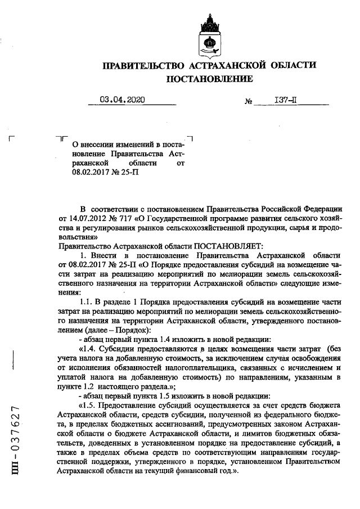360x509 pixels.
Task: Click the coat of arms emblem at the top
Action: coord(210,37)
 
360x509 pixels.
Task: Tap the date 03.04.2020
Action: coord(122,100)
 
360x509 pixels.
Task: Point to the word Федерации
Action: coord(320,208)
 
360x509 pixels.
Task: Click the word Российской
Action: coord(272,208)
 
